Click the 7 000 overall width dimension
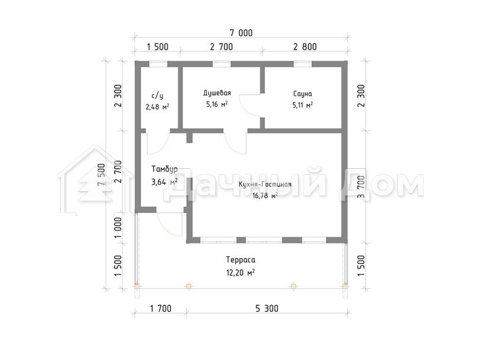pos(241,33)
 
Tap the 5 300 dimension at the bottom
pos(267,308)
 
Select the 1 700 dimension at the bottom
pos(161,308)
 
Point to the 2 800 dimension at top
pos(305,47)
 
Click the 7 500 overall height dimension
pos(101,174)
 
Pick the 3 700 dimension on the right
pos(361,186)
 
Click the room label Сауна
pos(302,94)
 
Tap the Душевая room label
pos(217,93)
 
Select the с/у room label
pos(157,96)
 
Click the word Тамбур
pos(164,169)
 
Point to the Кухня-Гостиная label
pos(265,184)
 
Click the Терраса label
pos(241,260)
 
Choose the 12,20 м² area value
pos(241,272)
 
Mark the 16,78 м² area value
pos(265,196)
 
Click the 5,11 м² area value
pos(302,105)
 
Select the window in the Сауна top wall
pos(303,64)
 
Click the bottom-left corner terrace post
pos(137,287)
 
